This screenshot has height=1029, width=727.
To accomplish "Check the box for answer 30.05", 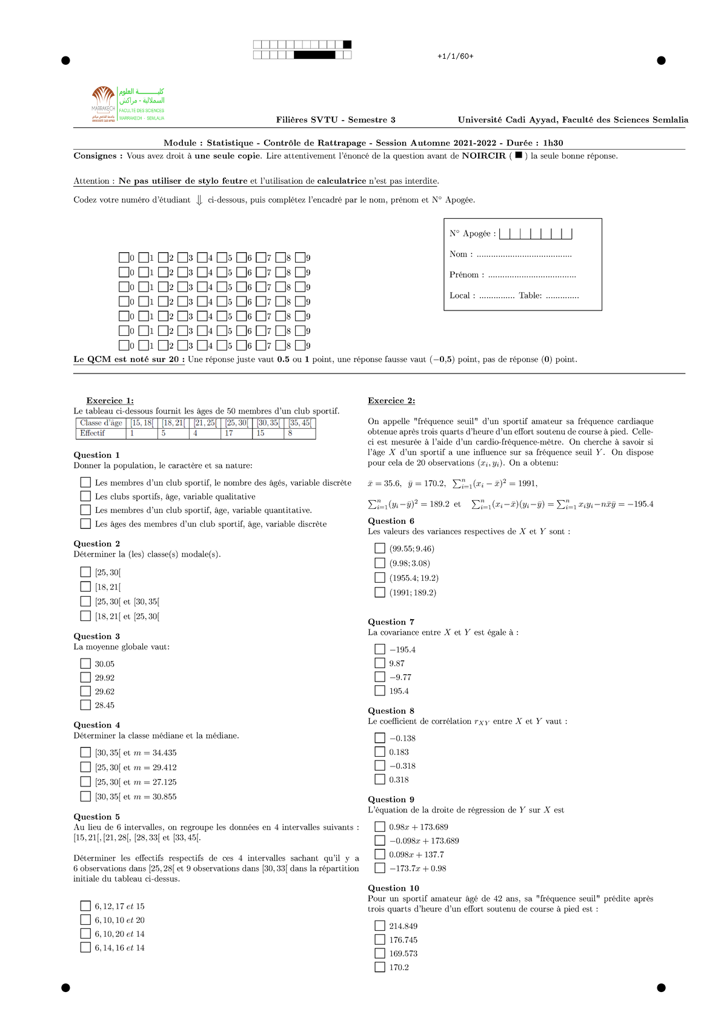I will coord(85,663).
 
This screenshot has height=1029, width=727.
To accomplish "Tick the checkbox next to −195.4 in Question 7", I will coord(380,649).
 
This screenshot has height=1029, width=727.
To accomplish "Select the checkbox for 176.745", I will coord(380,939).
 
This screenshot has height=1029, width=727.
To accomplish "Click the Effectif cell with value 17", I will coord(236,433).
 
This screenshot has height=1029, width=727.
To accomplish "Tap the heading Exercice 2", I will coord(391,401).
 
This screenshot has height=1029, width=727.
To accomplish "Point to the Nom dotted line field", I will coord(524,255).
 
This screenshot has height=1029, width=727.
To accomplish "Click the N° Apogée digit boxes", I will coord(536,233).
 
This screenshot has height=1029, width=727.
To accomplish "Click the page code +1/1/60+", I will coord(455,56).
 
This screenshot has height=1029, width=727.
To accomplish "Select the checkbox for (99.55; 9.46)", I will coord(380,548).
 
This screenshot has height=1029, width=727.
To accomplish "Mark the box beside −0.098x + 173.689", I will coord(380,840).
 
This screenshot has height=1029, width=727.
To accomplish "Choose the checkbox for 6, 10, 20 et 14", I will coord(85,934).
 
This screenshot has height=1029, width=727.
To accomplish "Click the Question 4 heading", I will coord(97,725).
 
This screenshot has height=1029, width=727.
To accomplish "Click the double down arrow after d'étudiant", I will coord(199,200).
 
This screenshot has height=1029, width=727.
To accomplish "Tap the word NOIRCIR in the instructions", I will coord(483,156).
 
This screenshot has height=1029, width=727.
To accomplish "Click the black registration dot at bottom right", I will coord(661,988).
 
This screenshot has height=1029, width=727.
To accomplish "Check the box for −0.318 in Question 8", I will coord(380,765).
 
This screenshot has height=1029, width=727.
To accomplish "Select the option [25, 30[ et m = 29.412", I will coord(85,767).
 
